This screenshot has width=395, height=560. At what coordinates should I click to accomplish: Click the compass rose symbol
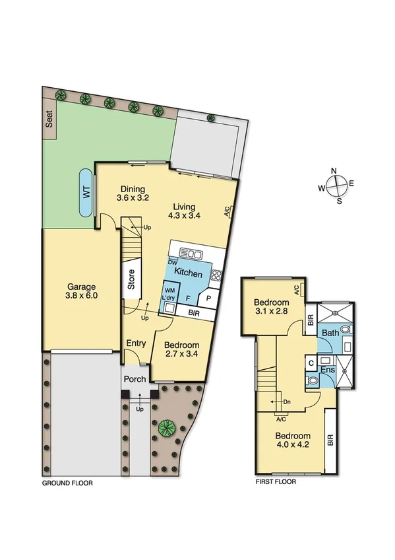[x=335, y=186]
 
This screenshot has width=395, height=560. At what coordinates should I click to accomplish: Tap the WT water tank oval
[x=86, y=192]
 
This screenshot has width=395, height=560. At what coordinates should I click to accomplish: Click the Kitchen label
[x=189, y=273]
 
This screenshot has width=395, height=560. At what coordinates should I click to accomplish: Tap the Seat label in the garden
[x=49, y=119]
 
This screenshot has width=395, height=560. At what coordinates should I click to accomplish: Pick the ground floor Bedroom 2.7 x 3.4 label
[x=181, y=349]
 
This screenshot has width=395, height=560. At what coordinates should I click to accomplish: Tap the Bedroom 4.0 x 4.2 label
[x=293, y=440]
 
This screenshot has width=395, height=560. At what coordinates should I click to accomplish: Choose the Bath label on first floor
[x=330, y=333]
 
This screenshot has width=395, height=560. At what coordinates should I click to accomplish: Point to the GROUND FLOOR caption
[x=67, y=483]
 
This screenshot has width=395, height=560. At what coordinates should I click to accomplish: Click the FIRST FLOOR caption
[x=276, y=482]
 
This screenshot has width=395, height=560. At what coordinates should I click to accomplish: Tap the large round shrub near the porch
[x=165, y=428]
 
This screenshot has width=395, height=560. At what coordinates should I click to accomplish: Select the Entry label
[x=136, y=343]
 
